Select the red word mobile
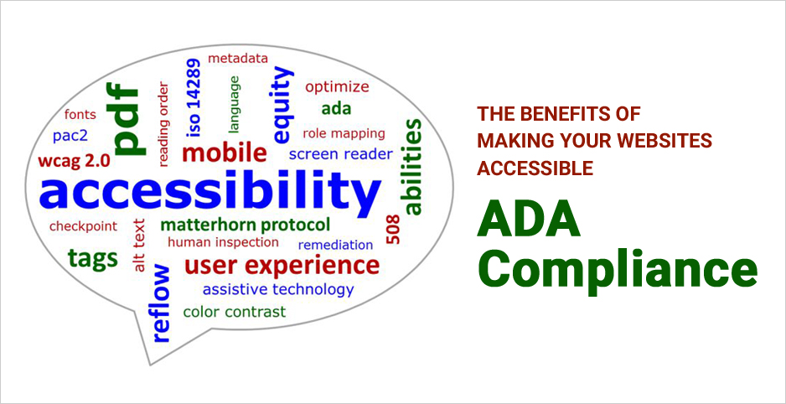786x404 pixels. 224,153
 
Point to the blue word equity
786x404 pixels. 283,106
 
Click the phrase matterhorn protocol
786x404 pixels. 245,225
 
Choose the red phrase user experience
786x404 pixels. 282,266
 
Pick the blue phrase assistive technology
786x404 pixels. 278,289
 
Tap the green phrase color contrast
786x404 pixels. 234,312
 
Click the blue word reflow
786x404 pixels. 161,303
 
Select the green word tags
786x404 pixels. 93,258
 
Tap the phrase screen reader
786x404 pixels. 340,154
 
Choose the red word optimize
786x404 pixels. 337,86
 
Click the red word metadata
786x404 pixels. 238,59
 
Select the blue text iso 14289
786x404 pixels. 194,97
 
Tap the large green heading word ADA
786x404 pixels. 529,221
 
